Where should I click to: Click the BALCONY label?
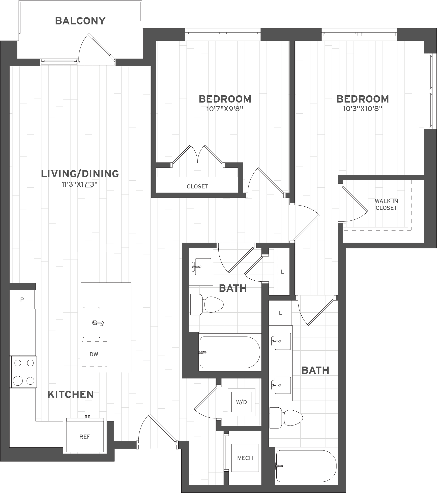point(80,21)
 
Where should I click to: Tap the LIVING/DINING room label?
point(80,174)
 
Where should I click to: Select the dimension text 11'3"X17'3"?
point(80,184)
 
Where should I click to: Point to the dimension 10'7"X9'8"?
point(225,109)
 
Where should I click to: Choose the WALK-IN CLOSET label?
point(386,205)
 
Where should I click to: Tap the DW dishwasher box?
point(94,354)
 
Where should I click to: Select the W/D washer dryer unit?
point(241,402)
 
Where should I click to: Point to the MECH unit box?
point(245,458)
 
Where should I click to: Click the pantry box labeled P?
point(22,300)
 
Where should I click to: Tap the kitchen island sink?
point(92,323)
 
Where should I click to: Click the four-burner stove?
point(23,372)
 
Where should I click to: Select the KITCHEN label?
point(71,395)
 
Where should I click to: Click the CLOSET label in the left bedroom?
point(197,187)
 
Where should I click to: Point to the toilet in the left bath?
point(207,305)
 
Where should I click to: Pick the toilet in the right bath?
point(286,418)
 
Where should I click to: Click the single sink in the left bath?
point(202,267)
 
